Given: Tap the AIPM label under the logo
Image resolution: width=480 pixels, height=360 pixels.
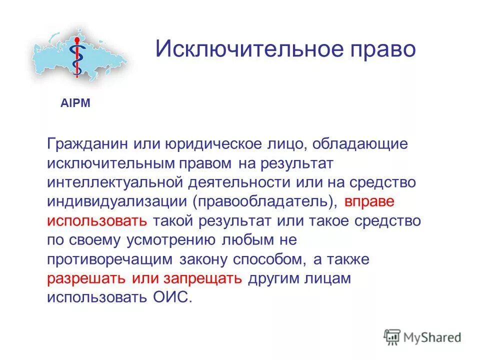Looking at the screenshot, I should [x=75, y=103].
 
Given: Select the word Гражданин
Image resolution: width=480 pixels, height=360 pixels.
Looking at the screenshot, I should [x=87, y=144].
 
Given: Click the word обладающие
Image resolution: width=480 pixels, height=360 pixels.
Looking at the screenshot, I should [x=360, y=144].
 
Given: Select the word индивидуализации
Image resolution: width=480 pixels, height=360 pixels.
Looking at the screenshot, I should [x=117, y=201].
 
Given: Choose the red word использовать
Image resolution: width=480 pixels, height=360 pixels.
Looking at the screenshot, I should [x=97, y=220].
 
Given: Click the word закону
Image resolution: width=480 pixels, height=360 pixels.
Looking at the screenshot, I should [x=203, y=259].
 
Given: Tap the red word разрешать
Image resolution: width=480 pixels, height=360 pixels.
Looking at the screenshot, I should [x=87, y=278].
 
